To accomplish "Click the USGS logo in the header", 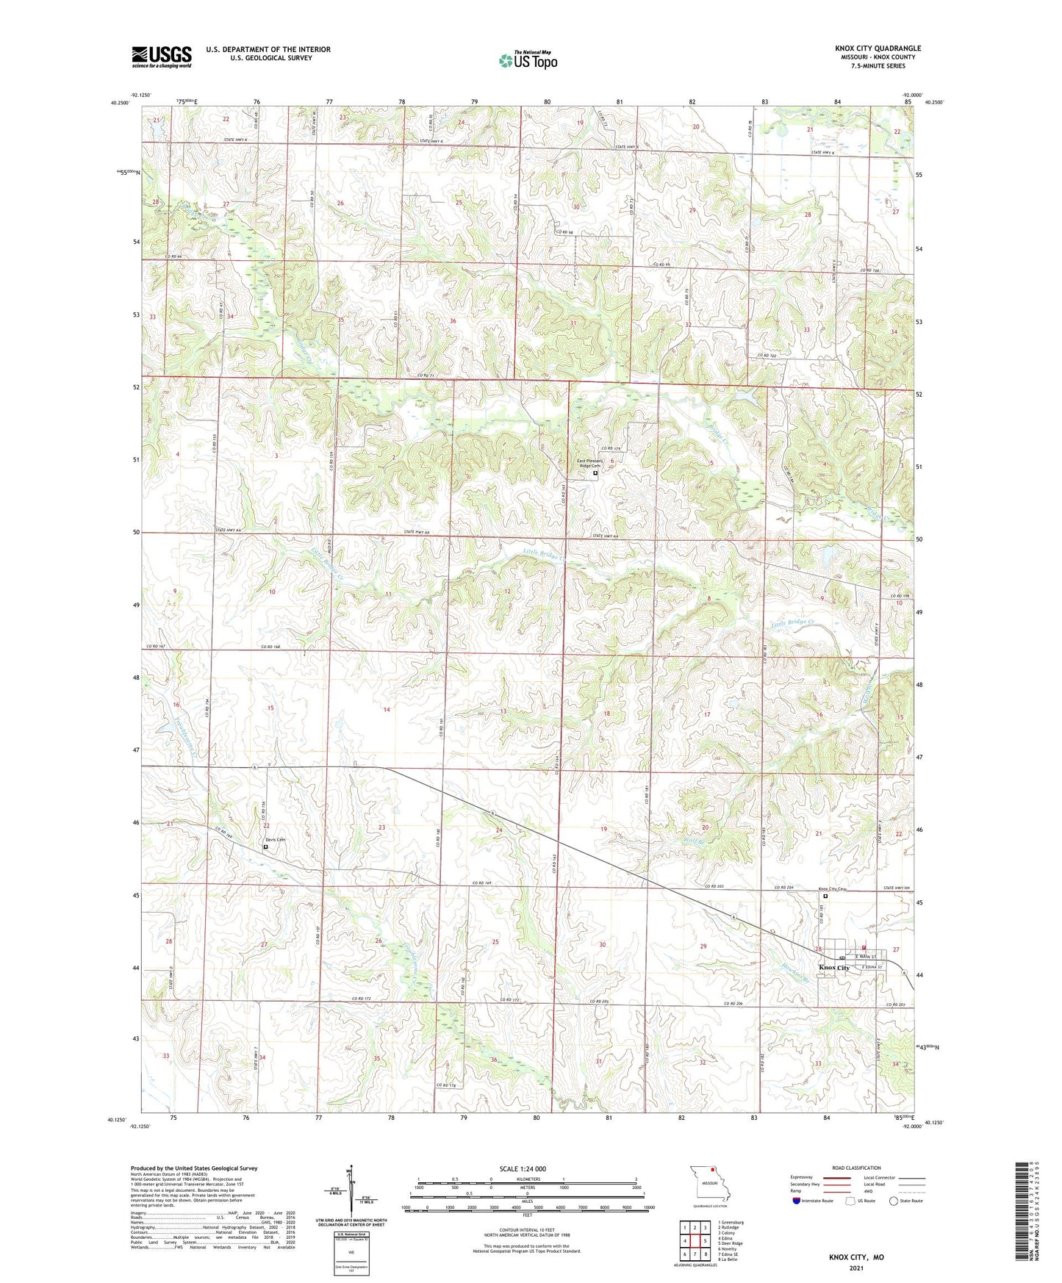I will (x=161, y=57).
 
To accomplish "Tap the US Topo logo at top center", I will (x=527, y=60).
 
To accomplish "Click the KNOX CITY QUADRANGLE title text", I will (x=878, y=48).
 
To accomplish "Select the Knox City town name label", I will (x=833, y=968).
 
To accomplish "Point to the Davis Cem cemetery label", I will (x=275, y=839).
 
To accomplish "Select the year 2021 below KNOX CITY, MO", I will (x=856, y=1268).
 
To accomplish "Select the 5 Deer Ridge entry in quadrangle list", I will (x=730, y=1243).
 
